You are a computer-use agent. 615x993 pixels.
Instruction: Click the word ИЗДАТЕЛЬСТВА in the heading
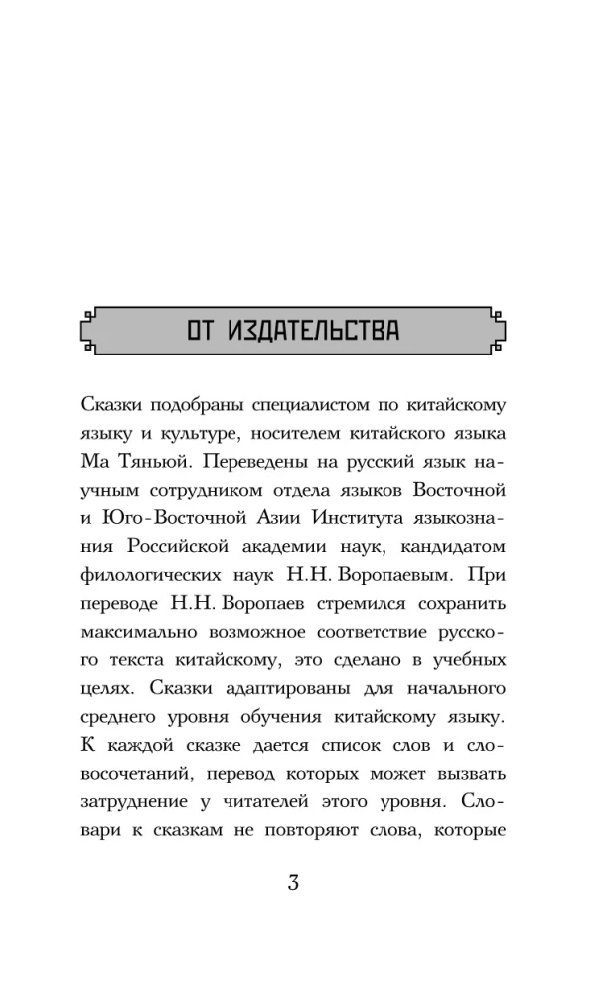(x=313, y=330)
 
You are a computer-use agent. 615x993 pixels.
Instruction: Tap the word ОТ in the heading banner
(x=200, y=330)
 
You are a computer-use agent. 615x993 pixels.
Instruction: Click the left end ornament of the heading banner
(x=90, y=330)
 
